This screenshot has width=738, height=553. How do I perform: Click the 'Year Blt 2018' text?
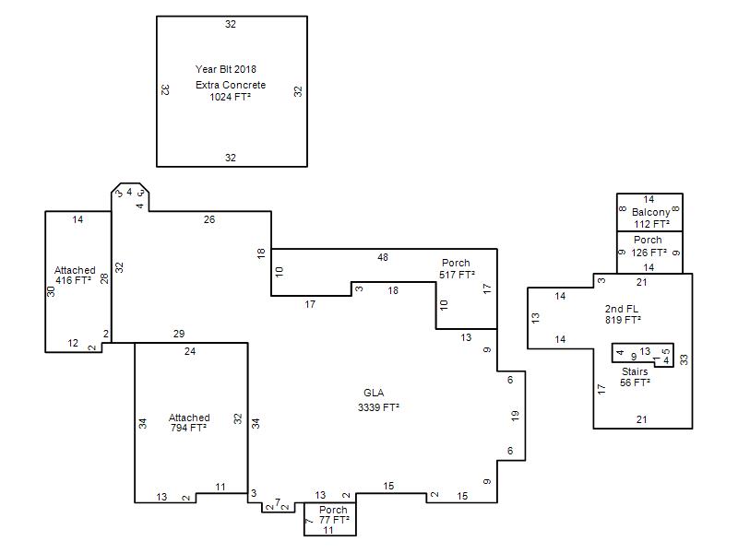[x=226, y=69]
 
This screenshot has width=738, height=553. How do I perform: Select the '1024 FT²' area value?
[x=230, y=97]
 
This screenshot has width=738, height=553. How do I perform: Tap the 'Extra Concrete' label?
[x=231, y=85]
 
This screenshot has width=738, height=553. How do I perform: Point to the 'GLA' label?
[x=374, y=393]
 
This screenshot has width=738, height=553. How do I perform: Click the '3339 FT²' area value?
[x=378, y=407]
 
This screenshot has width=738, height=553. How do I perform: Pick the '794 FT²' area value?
[x=188, y=428]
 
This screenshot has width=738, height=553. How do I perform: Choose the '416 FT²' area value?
[x=74, y=280]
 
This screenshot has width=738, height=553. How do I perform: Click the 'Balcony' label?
[x=650, y=212]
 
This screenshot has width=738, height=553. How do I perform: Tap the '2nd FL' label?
[x=621, y=309]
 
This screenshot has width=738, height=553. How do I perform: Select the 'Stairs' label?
[x=635, y=371]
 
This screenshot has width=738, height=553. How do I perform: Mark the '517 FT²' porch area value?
[x=457, y=275]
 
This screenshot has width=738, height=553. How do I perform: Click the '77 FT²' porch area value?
[x=334, y=520]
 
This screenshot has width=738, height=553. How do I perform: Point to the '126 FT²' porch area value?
[x=649, y=253]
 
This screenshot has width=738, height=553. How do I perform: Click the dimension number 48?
[x=383, y=257]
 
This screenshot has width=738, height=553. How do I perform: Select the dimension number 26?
[x=209, y=219]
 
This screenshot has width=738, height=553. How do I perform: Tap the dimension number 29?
[x=179, y=334]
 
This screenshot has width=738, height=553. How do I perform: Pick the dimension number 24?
[x=190, y=351]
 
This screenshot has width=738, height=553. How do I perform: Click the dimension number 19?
[x=515, y=416]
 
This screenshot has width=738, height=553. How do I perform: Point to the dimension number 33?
[x=684, y=359]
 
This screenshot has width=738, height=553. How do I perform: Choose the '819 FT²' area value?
[x=624, y=320]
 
